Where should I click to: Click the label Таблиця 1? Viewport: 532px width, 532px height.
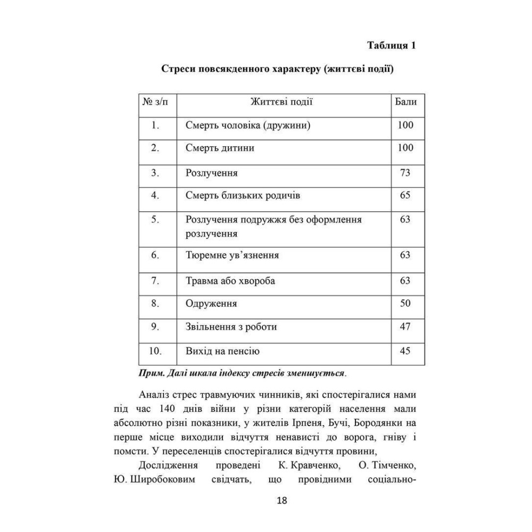pyautogui.click(x=391, y=45)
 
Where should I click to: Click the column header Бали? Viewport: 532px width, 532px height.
pyautogui.click(x=405, y=102)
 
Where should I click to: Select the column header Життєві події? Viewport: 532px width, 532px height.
pyautogui.click(x=281, y=102)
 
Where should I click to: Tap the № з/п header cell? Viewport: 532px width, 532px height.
pyautogui.click(x=155, y=102)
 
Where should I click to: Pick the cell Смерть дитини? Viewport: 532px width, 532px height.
pyautogui.click(x=220, y=148)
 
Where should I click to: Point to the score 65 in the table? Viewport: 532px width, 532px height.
pyautogui.click(x=405, y=195)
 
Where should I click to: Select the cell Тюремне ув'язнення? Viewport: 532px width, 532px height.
pyautogui.click(x=232, y=255)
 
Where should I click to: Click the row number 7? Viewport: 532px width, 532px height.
pyautogui.click(x=155, y=280)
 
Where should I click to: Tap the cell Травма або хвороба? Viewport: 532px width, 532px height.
pyautogui.click(x=230, y=281)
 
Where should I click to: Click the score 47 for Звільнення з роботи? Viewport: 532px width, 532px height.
pyautogui.click(x=405, y=327)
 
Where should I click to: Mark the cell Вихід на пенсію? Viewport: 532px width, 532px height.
pyautogui.click(x=223, y=351)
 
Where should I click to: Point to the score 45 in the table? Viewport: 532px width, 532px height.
pyautogui.click(x=405, y=351)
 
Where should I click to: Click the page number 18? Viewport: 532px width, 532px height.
pyautogui.click(x=282, y=501)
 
